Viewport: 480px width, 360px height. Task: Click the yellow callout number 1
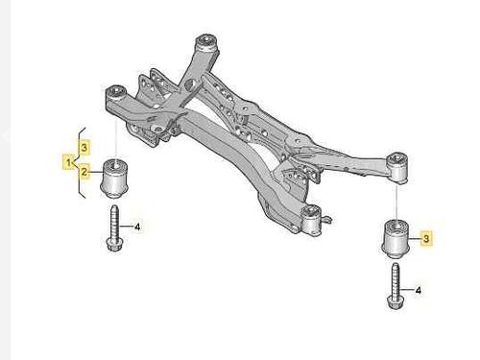(69, 160)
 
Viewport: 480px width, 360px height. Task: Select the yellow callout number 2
(85, 173)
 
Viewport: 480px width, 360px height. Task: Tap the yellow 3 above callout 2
(85, 147)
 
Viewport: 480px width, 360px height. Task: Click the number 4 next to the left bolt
(138, 228)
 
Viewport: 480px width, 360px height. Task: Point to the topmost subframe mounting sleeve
(204, 44)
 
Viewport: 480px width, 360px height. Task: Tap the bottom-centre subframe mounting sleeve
(310, 220)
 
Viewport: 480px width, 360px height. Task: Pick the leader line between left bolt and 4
(126, 228)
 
